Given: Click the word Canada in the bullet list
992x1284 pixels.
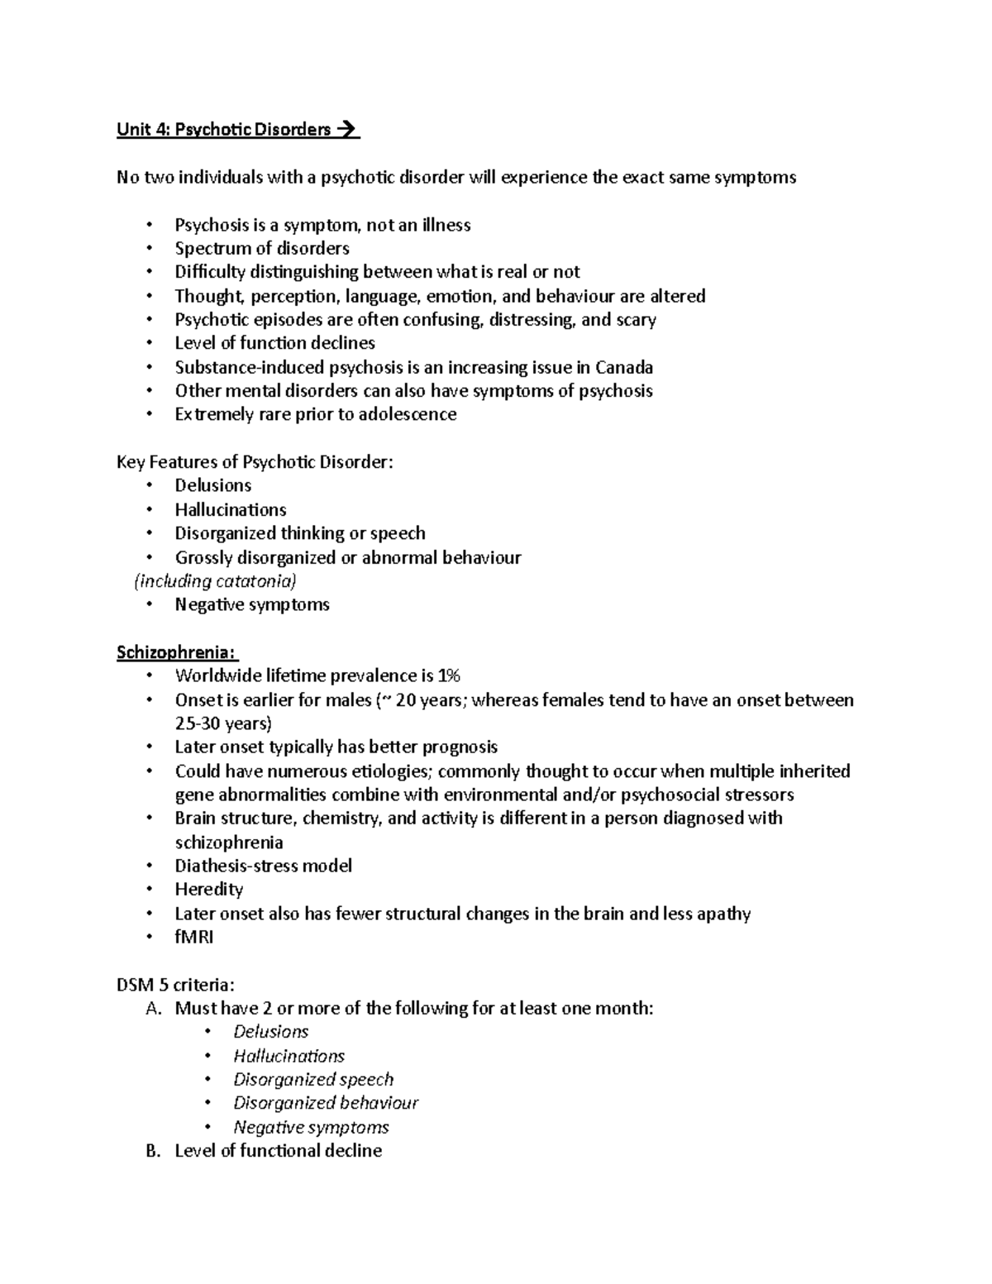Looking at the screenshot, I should coord(624,367).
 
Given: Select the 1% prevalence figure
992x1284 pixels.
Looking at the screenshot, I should coord(448,676).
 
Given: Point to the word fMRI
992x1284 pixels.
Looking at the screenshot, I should coord(194,937).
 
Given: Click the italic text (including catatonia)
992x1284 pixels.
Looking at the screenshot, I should coord(215,581).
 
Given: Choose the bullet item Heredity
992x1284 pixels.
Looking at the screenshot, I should coord(209,890).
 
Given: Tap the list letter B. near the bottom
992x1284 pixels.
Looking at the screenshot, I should coord(151,1151).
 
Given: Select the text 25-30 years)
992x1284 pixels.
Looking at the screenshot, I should coord(223,724).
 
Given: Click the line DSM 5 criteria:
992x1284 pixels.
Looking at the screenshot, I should coord(176,985).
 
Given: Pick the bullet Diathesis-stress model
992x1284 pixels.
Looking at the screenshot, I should coord(264,866).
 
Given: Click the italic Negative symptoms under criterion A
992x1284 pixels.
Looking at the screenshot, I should coord(311,1127).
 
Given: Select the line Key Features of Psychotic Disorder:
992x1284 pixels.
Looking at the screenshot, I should coord(255,462).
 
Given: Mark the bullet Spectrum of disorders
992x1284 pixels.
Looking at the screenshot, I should coord(262,248).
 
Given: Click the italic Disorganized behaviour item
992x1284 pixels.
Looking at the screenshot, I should coord(326,1103).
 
